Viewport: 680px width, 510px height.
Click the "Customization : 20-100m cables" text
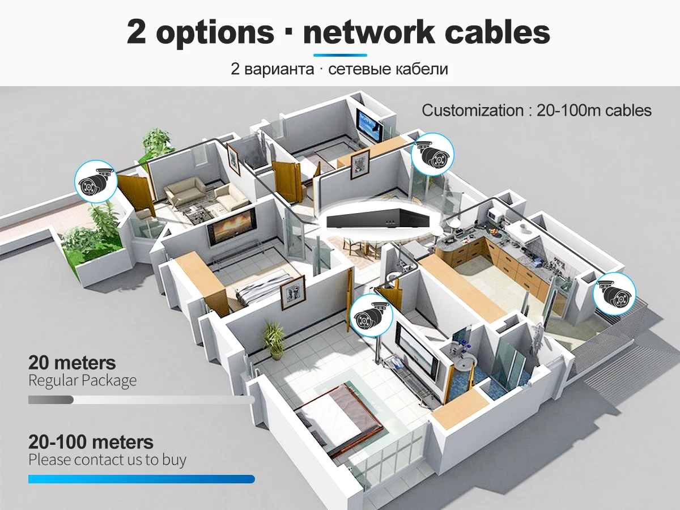click(x=537, y=110)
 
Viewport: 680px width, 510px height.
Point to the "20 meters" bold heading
click(x=72, y=363)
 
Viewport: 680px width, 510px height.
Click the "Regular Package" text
click(x=82, y=380)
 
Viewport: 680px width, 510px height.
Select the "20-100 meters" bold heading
click(x=91, y=442)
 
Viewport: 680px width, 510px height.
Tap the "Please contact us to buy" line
click(x=107, y=460)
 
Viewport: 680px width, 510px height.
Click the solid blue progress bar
click(x=141, y=479)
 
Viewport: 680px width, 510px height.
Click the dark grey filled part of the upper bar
click(x=50, y=400)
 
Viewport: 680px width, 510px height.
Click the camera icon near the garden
click(x=96, y=181)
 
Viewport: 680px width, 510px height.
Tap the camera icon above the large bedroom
click(x=372, y=315)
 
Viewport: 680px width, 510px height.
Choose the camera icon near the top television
click(x=432, y=155)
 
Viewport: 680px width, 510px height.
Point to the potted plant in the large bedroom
click(x=275, y=340)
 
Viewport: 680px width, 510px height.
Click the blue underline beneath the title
click(x=340, y=55)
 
